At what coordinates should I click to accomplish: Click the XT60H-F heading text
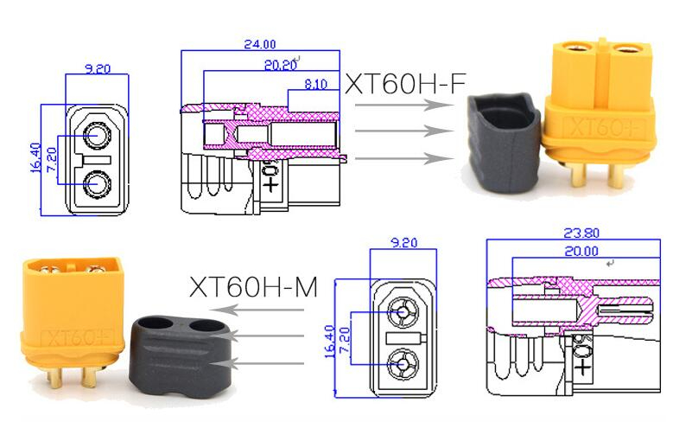click(x=405, y=83)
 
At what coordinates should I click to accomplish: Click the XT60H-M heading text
click(x=253, y=286)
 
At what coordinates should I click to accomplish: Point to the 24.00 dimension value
click(x=260, y=44)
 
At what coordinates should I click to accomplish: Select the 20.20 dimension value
click(x=280, y=65)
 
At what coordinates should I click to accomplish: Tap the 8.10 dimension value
click(x=315, y=84)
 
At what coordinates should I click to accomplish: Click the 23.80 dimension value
click(x=581, y=233)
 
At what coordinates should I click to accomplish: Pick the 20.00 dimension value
click(x=581, y=251)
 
